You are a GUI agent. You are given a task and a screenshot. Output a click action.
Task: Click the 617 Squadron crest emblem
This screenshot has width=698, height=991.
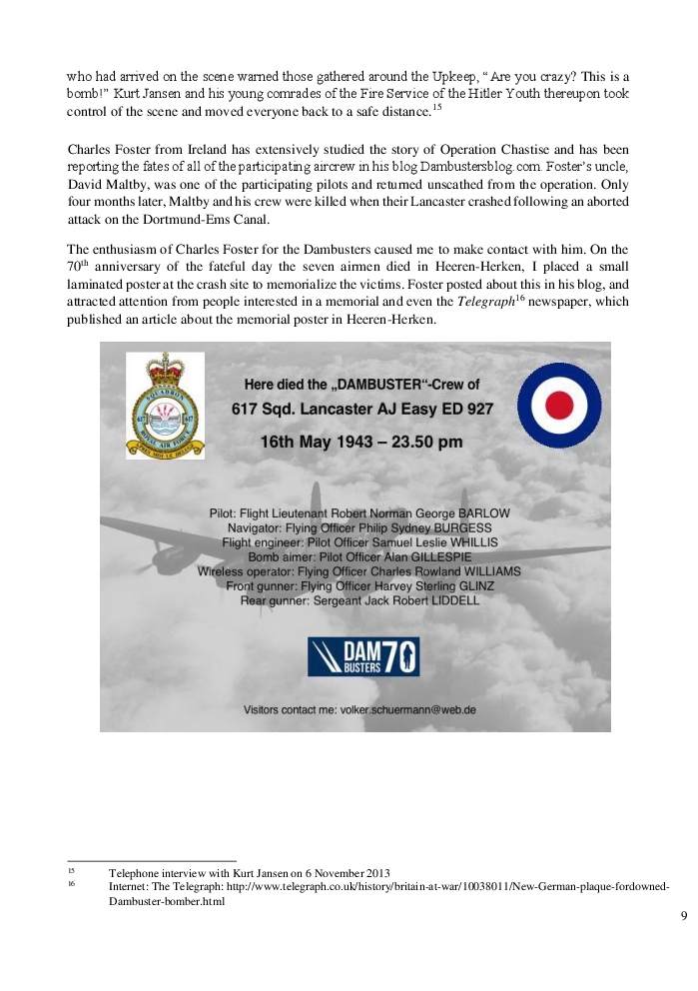pyautogui.click(x=165, y=406)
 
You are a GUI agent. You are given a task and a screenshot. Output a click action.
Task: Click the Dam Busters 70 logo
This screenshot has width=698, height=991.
pyautogui.click(x=362, y=657)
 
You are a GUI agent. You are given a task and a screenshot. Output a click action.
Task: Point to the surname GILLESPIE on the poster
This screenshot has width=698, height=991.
pyautogui.click(x=406, y=556)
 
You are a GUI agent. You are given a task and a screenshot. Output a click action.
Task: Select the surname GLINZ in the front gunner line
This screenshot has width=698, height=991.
pyautogui.click(x=456, y=586)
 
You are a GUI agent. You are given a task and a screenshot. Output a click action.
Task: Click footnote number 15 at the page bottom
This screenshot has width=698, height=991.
pyautogui.click(x=72, y=871)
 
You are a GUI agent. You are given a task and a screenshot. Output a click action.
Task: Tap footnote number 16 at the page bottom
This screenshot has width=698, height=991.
pyautogui.click(x=72, y=885)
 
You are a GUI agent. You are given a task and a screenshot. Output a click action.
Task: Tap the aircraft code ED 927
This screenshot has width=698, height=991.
pyautogui.click(x=464, y=410)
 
